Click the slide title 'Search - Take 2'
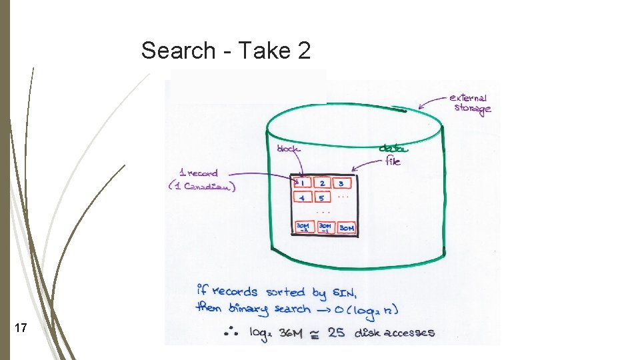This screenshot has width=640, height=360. (x=226, y=51)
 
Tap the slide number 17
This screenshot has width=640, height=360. (x=21, y=328)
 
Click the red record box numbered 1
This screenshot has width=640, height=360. (x=302, y=183)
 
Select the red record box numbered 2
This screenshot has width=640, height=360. (x=322, y=183)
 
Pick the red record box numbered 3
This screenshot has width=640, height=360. (x=341, y=183)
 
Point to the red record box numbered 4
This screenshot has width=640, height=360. (x=302, y=198)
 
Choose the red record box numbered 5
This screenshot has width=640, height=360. (x=321, y=198)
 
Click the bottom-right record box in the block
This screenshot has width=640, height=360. (x=347, y=228)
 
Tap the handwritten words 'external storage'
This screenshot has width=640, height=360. (x=470, y=103)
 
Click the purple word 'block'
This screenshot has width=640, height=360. (x=288, y=149)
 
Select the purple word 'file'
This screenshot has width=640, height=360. (x=393, y=161)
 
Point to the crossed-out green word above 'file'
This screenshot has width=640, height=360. (x=393, y=149)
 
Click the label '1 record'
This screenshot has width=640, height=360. (x=199, y=173)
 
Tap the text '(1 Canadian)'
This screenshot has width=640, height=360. (x=201, y=187)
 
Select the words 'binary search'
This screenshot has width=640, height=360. (x=270, y=309)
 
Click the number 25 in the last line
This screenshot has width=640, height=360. (x=337, y=332)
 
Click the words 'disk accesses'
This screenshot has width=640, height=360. (x=395, y=332)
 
